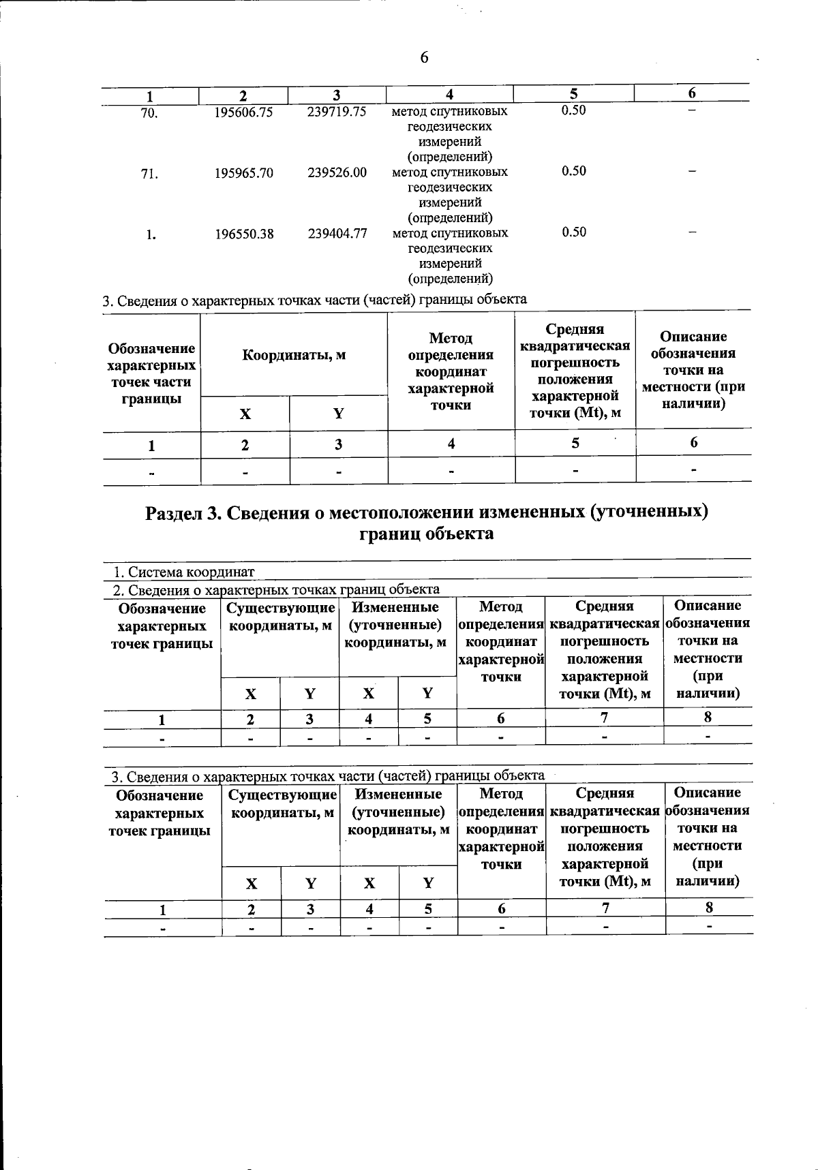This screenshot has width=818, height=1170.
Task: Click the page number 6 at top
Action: coord(424,58)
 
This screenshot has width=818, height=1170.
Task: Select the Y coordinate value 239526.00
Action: coord(337,173)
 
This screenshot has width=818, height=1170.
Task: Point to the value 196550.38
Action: coord(244,234)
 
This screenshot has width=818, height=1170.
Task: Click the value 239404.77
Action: coord(337,234)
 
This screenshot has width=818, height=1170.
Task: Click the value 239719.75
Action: coord(337,112)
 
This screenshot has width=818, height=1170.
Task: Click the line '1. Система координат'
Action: coord(183,572)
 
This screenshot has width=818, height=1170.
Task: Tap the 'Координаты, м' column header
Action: coord(294,355)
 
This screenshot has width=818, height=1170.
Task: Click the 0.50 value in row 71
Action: coord(573,171)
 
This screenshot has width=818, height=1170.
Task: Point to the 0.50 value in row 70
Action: coord(573,110)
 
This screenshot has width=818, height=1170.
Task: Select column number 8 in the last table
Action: coord(709,907)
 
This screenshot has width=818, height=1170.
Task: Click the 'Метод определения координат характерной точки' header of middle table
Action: coord(451,371)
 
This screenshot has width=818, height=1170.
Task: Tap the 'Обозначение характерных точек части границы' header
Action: coord(151,373)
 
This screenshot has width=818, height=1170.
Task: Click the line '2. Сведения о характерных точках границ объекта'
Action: coord(276,589)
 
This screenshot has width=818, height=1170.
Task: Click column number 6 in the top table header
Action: coord(691,93)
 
